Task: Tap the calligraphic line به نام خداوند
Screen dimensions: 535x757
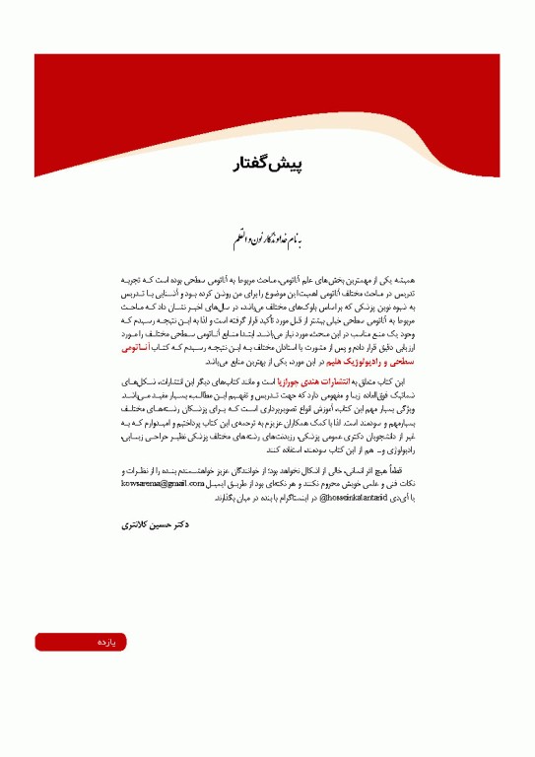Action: click(267, 238)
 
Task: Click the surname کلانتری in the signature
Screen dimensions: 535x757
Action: click(132, 525)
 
